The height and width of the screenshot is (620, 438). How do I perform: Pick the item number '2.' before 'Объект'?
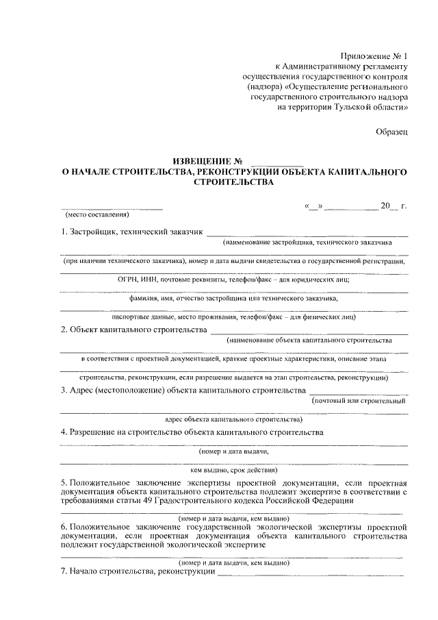click(x=64, y=330)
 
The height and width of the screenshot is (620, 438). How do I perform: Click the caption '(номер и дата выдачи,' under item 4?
click(x=233, y=451)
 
